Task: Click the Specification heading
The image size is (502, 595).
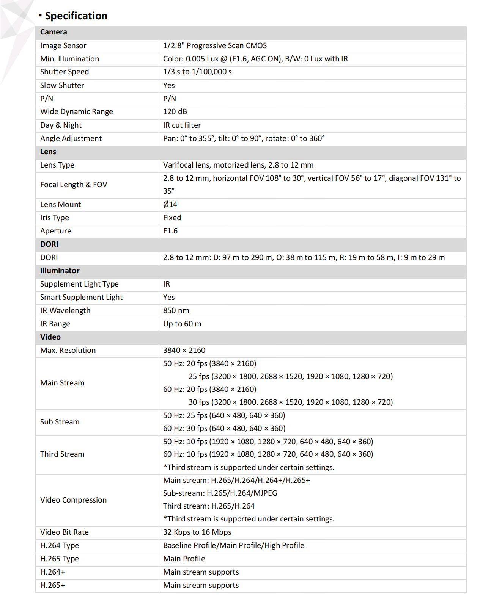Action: tap(76, 16)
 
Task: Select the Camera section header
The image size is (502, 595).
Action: tap(54, 32)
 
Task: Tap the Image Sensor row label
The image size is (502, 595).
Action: tap(63, 46)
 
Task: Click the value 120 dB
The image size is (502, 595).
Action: tap(175, 112)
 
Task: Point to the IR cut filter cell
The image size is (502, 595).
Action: tap(182, 125)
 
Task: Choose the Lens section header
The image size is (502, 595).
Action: tap(48, 152)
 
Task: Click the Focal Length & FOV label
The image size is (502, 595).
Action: tap(74, 185)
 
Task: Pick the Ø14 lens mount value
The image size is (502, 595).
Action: tap(170, 205)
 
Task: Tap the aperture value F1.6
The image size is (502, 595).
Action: tap(170, 231)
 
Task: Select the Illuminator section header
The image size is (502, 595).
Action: tap(60, 271)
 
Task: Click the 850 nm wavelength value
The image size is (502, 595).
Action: tap(176, 311)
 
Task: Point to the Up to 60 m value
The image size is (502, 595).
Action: tap(182, 324)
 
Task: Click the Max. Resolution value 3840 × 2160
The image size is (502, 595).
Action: tap(184, 351)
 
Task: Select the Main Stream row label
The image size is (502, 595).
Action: tap(62, 383)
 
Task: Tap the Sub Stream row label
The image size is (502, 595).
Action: tap(60, 422)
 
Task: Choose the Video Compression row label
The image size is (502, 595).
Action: tap(74, 500)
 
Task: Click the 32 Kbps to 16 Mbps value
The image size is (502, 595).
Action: tap(197, 532)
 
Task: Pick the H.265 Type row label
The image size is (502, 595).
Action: tap(60, 559)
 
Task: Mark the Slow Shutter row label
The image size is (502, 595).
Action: tap(62, 86)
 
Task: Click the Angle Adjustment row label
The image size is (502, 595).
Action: tap(71, 139)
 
